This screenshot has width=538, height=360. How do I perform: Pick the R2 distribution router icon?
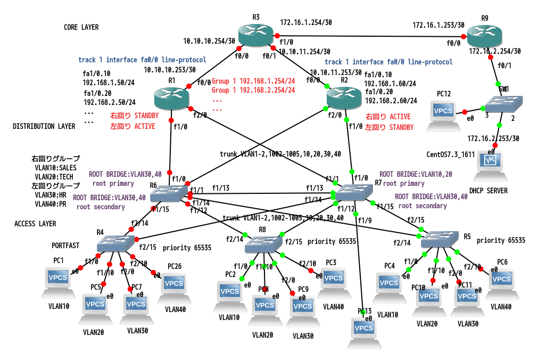tap(345, 97)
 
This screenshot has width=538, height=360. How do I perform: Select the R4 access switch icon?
tap(117, 243)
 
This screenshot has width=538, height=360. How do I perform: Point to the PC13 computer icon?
tap(365, 331)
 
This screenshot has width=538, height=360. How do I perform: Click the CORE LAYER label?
tap(81, 27)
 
